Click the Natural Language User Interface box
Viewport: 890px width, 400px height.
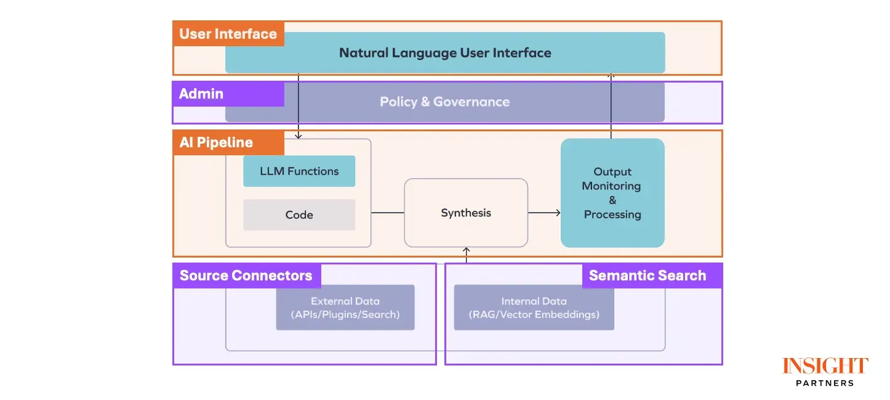tap(445, 53)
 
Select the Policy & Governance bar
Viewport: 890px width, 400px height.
tap(444, 102)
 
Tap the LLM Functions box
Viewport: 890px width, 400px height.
tap(299, 171)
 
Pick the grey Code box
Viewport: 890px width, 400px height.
tap(299, 215)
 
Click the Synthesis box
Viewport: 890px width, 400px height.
tap(466, 213)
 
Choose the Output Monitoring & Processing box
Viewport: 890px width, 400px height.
tap(612, 193)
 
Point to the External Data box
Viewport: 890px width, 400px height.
tap(345, 308)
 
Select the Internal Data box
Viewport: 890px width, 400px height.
tap(534, 308)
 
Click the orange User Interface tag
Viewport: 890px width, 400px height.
tap(228, 34)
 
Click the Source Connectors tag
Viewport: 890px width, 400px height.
tap(246, 276)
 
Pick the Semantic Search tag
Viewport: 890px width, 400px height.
tap(647, 276)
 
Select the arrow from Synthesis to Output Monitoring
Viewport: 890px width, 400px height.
tap(545, 213)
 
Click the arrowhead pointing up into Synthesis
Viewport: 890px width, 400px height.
tap(466, 250)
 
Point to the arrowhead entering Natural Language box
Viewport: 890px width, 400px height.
tap(611, 76)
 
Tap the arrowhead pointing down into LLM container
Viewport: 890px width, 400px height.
tap(299, 136)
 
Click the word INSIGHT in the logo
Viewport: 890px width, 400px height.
tap(825, 366)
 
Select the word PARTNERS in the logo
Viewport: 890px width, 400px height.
tap(825, 383)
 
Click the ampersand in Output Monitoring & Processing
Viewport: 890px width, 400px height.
tap(612, 200)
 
